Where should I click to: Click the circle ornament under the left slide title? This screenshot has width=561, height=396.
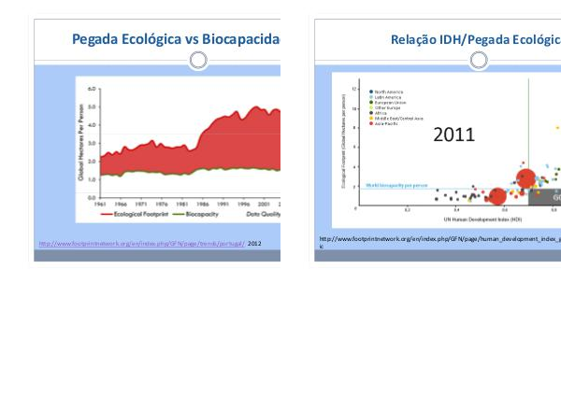tap(198, 61)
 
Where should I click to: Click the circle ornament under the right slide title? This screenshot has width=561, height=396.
tap(479, 61)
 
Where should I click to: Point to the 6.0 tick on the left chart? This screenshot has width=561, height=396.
tap(92, 89)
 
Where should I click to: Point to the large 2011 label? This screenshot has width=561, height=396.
tap(453, 134)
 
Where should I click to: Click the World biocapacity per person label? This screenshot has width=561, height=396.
tap(396, 185)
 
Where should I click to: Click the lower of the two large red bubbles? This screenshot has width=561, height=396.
tap(497, 197)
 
